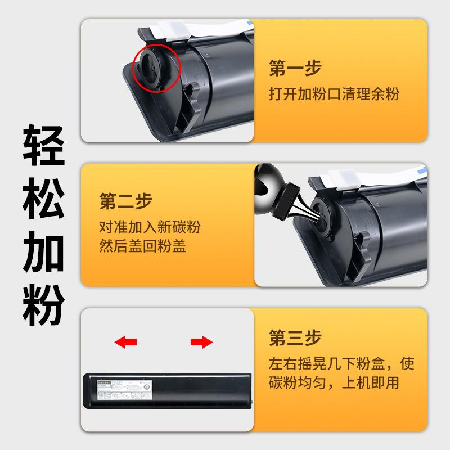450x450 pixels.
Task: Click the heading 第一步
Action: click(x=295, y=69)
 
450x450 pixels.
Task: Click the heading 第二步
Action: click(x=125, y=201)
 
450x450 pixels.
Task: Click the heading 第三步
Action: click(x=295, y=339)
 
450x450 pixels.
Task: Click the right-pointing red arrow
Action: click(x=201, y=341)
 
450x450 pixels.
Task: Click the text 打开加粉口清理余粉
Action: click(x=334, y=93)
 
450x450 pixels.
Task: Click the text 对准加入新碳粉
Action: click(x=150, y=227)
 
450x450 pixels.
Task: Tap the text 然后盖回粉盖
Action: click(x=142, y=246)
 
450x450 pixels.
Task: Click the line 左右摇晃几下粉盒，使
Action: click(x=341, y=364)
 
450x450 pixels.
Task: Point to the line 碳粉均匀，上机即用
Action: click(x=334, y=384)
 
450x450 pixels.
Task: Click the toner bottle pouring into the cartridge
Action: click(x=279, y=193)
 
